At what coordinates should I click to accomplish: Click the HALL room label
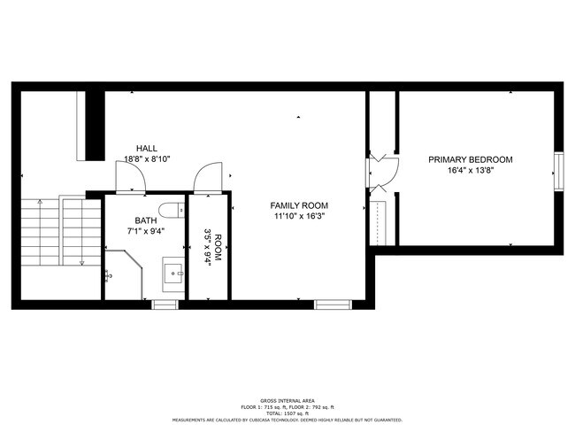[148, 148]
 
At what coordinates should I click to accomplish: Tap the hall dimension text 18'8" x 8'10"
[148, 159]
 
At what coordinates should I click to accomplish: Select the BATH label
[147, 220]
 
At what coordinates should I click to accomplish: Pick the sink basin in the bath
[172, 273]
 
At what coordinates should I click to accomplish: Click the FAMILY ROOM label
[299, 205]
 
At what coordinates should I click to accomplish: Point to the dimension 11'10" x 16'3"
[299, 217]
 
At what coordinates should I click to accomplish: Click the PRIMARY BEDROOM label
[470, 159]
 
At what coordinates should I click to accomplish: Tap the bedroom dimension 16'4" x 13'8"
[470, 171]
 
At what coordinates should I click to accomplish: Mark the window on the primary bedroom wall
[558, 172]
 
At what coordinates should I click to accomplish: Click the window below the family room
[333, 305]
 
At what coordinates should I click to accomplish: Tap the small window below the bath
[164, 305]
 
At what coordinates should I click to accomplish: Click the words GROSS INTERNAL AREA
[287, 400]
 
